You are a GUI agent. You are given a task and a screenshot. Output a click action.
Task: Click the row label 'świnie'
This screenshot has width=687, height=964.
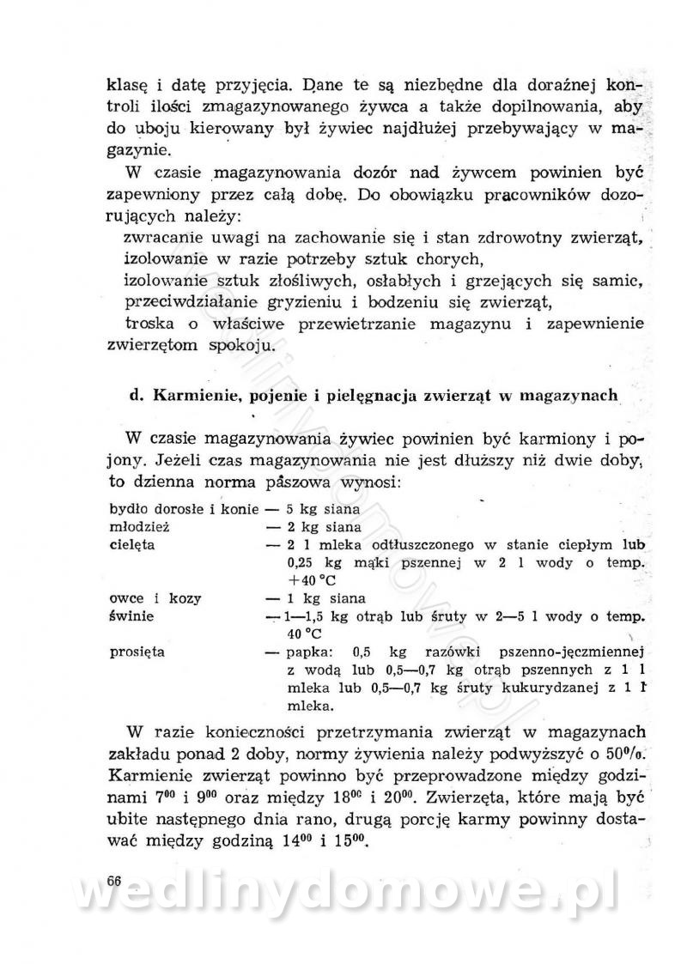tap(131, 617)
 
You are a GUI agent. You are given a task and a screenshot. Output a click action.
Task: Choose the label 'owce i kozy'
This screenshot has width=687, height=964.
tap(149, 598)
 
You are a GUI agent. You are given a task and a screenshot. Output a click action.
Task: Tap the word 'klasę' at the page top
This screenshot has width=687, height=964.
tap(124, 86)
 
